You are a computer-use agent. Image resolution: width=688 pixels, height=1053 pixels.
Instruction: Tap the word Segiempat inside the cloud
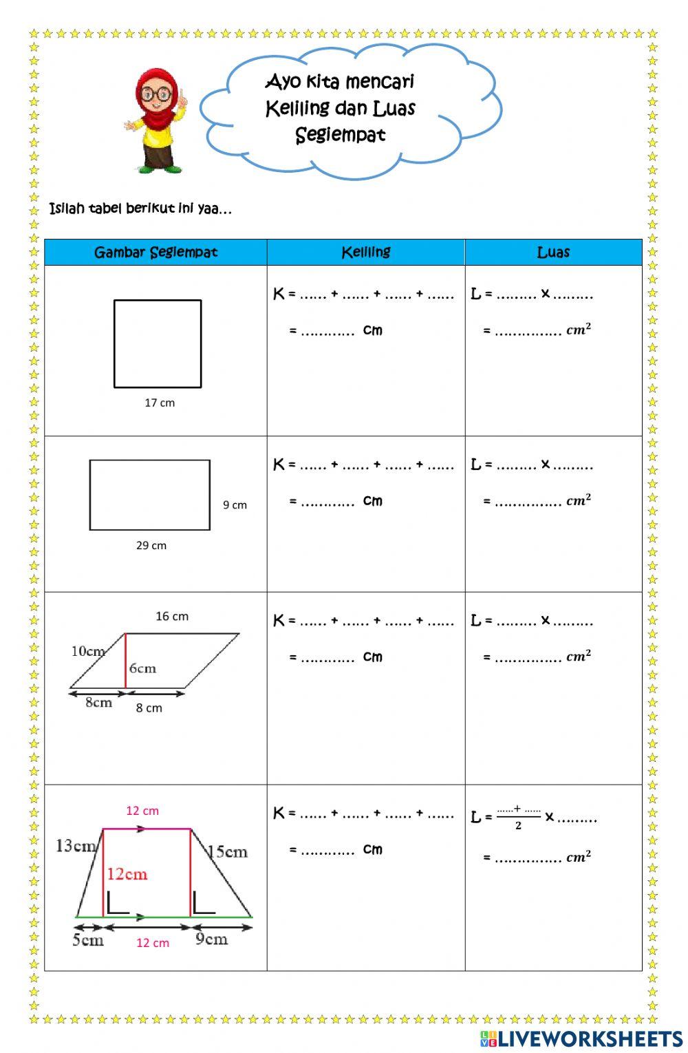[340, 135]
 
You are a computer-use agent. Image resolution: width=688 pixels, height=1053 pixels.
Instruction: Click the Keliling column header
[366, 253]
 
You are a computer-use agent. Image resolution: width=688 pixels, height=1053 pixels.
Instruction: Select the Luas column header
[553, 253]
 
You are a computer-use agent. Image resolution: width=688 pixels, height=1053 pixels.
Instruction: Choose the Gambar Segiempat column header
[155, 253]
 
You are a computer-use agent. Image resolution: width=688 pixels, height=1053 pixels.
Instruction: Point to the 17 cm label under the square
[160, 403]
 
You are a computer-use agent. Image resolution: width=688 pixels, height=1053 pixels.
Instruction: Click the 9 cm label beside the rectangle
[235, 504]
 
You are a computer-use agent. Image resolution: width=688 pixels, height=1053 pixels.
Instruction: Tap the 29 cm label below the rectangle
[151, 545]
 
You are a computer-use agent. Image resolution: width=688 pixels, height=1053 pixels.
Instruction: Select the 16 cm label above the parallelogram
[172, 616]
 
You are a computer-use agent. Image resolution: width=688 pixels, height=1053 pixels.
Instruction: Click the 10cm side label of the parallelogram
[87, 651]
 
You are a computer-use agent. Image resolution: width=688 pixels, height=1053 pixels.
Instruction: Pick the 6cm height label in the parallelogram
[142, 668]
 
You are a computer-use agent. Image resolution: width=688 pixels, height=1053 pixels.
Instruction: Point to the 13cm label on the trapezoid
[75, 845]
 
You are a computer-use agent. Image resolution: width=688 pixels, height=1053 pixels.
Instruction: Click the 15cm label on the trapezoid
[227, 852]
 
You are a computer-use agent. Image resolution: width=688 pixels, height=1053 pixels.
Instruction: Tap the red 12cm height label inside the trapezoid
[127, 874]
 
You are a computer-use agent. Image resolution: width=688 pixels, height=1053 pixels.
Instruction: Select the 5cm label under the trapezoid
[88, 940]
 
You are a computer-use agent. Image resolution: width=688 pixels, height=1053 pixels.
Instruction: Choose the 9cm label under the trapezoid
[211, 939]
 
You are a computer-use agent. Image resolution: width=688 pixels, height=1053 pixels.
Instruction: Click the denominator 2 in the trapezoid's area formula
[518, 826]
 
